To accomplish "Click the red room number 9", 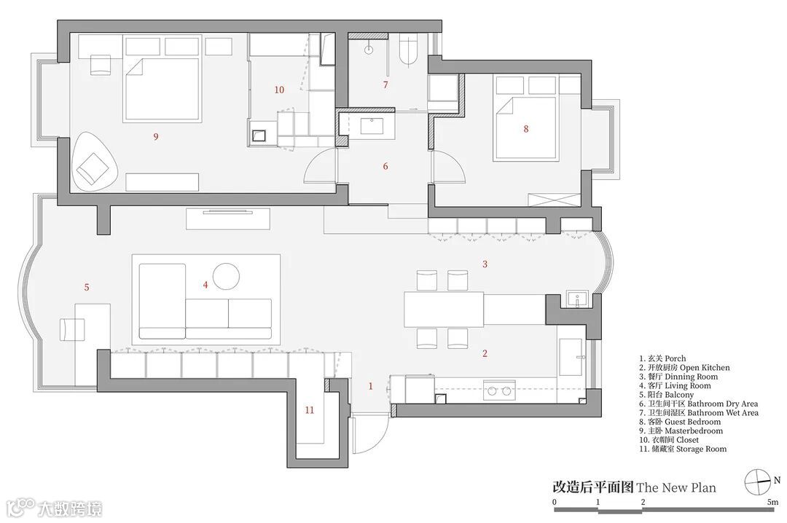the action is (155, 136).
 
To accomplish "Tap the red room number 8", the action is (526, 129).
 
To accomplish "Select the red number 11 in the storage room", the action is (310, 410).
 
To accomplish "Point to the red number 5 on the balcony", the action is (87, 288).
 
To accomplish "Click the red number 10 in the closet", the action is (279, 90).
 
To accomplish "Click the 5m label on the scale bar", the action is (772, 502).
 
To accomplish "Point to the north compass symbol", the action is (758, 481).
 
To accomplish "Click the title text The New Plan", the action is (676, 487).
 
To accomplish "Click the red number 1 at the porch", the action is (370, 386).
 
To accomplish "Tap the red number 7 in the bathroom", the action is (385, 85).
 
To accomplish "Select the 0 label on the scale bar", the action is (555, 502).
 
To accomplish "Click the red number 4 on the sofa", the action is (205, 286).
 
